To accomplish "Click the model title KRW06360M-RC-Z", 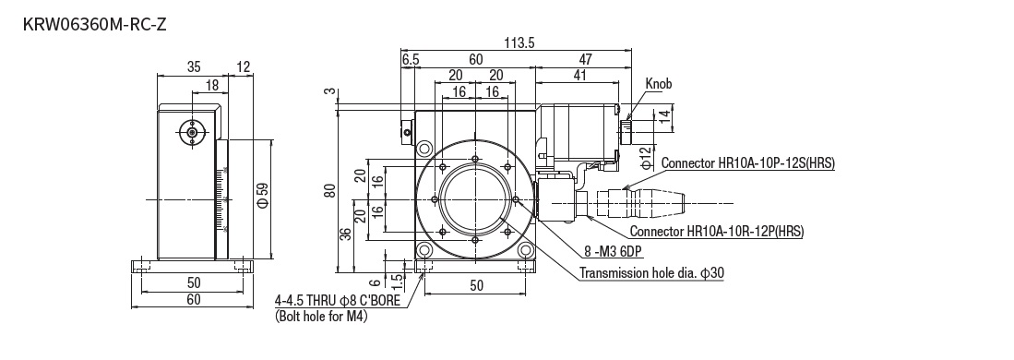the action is [x=94, y=25].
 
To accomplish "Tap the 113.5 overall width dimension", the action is [x=519, y=42].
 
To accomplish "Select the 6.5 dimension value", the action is [x=411, y=60].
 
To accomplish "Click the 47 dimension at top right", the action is [x=585, y=60].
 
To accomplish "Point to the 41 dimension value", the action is [x=579, y=75].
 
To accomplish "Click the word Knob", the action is [x=659, y=83].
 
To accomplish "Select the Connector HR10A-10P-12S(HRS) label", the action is [x=747, y=163].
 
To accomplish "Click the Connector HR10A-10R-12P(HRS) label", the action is [x=717, y=231].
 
